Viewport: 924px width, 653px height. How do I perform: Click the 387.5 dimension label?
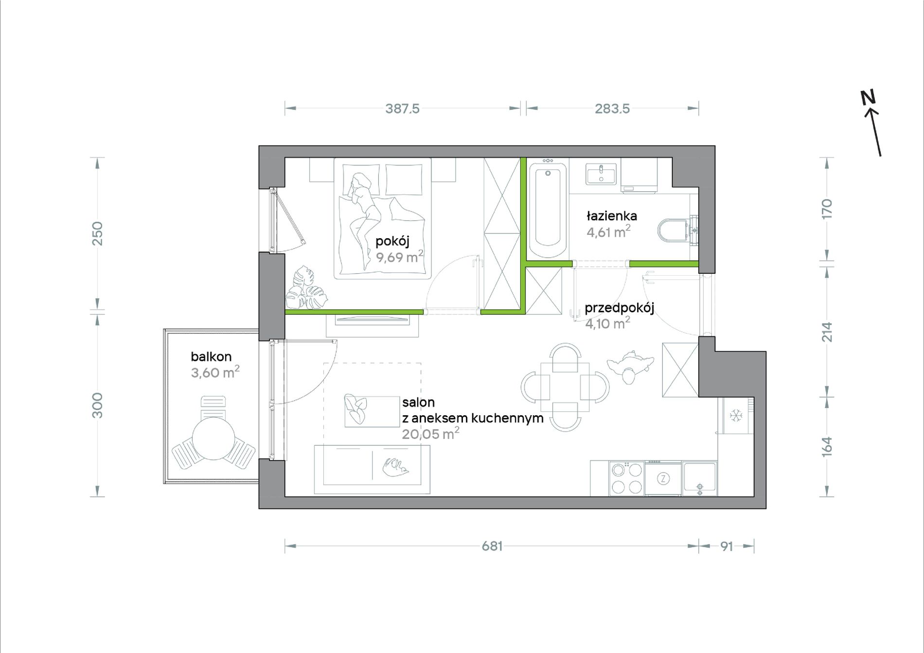(402, 108)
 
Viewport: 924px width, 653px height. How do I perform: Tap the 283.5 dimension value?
(612, 108)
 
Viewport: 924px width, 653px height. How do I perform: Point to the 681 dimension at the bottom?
(492, 546)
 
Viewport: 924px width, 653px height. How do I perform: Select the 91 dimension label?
(727, 547)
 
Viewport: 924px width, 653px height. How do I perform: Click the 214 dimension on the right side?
(827, 332)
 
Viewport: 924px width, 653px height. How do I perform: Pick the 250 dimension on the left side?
(98, 233)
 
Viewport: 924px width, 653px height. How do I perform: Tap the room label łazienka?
(612, 215)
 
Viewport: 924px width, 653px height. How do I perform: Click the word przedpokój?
(619, 308)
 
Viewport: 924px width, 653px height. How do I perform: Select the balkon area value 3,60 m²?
(215, 372)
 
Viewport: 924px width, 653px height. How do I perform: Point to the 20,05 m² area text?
(430, 433)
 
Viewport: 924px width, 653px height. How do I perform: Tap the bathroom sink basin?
(602, 174)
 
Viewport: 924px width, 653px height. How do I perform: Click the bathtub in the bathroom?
(548, 210)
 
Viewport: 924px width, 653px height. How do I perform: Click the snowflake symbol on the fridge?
(736, 415)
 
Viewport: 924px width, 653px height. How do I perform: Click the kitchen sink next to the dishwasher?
(700, 478)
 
